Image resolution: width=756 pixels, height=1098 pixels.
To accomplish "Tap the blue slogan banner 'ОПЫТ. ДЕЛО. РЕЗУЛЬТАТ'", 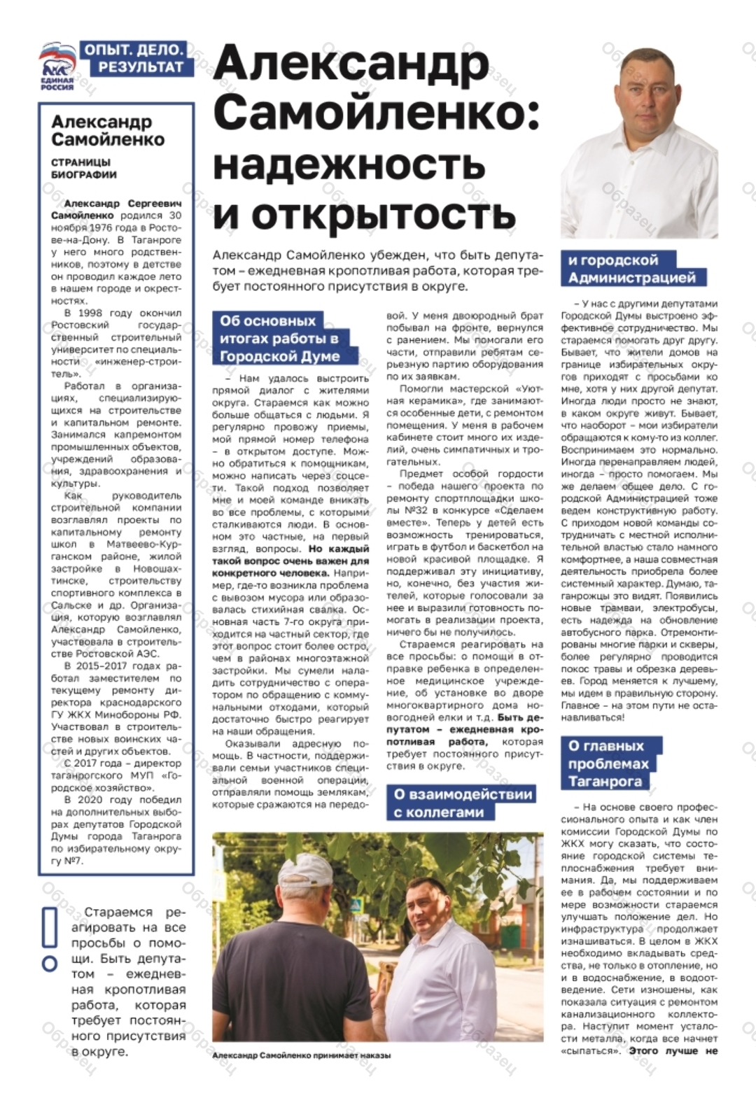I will pyautogui.click(x=134, y=59).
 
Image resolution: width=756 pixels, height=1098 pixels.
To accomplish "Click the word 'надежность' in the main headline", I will pyautogui.click(x=349, y=164).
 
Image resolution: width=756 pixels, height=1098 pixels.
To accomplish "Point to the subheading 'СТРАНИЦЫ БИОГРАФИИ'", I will pyautogui.click(x=83, y=169).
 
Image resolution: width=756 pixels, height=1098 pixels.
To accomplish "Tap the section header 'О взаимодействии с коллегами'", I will pyautogui.click(x=461, y=803).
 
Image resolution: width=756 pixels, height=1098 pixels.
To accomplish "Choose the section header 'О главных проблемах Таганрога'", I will pyautogui.click(x=608, y=763).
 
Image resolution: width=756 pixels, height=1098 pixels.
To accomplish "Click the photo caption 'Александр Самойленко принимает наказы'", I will pyautogui.click(x=301, y=1055).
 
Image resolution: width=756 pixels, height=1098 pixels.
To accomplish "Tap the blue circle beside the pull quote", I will pyautogui.click(x=50, y=964).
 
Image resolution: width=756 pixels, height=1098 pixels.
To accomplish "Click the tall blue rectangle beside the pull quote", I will pyautogui.click(x=50, y=928).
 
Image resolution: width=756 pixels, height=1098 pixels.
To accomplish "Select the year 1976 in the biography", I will pyautogui.click(x=113, y=228).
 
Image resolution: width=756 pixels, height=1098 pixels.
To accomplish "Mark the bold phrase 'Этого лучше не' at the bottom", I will pyautogui.click(x=673, y=1051).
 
